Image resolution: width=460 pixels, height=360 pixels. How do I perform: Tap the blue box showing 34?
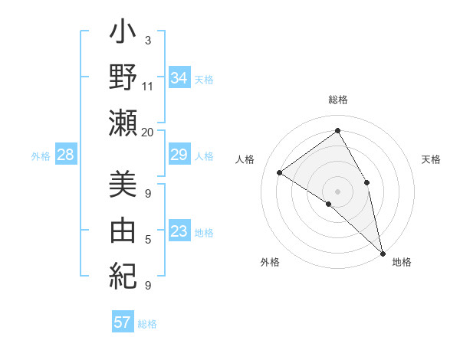(179, 78)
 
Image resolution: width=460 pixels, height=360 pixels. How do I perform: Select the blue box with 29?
(179, 155)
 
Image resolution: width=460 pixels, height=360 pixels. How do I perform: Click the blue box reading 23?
(179, 231)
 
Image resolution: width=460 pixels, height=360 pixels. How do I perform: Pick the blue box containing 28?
(66, 155)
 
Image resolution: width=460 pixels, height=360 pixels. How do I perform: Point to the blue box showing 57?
(123, 322)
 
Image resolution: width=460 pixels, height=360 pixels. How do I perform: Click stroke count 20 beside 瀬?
(148, 132)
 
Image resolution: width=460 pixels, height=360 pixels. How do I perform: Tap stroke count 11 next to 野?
(148, 86)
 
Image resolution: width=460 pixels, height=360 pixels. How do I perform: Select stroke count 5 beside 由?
(148, 240)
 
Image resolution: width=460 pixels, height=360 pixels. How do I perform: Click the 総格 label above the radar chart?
(337, 100)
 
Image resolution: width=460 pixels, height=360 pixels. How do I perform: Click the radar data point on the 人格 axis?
(280, 173)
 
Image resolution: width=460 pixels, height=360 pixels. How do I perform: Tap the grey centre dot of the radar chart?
(337, 191)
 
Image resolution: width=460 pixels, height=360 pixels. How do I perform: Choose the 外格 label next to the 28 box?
(41, 156)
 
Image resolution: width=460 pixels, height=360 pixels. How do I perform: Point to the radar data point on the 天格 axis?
(367, 182)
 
